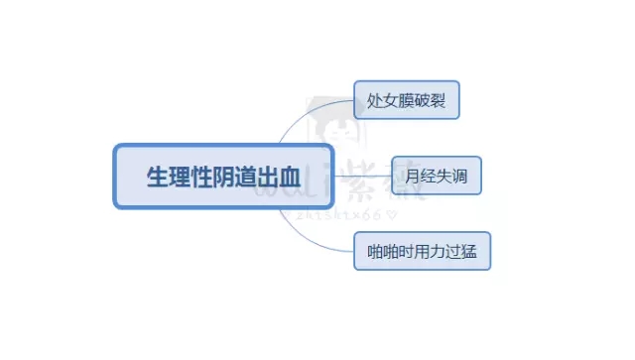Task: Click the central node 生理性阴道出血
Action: click(x=221, y=177)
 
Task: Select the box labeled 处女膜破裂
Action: click(x=407, y=100)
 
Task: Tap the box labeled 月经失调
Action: click(x=436, y=176)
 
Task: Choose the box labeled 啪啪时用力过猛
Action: click(x=422, y=251)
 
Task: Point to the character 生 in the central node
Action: click(x=156, y=178)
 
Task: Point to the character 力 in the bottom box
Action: click(x=438, y=252)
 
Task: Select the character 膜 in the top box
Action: click(x=407, y=101)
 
